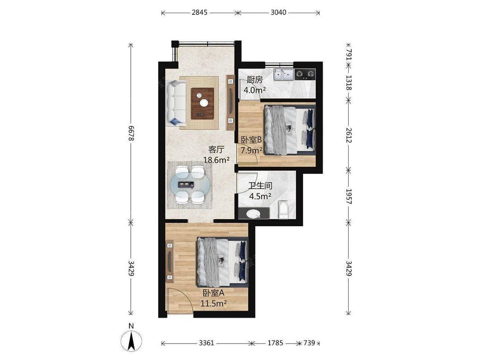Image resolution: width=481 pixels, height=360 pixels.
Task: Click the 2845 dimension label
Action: click(199, 13)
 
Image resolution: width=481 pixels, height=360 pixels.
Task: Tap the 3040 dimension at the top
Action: click(278, 13)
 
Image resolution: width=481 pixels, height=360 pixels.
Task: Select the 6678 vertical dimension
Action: click(131, 133)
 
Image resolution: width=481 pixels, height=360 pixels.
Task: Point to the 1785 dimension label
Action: click(275, 343)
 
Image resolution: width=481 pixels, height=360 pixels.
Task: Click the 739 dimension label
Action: click(309, 343)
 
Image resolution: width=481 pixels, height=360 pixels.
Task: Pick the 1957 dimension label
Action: click(349, 196)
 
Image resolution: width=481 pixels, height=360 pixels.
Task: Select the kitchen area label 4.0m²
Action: click(254, 90)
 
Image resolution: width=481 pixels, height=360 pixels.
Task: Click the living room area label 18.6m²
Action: click(216, 160)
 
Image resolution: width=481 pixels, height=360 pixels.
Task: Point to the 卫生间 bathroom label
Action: click(260, 186)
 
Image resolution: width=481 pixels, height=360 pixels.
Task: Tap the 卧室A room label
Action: click(213, 293)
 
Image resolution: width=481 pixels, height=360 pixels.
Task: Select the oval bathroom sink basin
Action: click(254, 213)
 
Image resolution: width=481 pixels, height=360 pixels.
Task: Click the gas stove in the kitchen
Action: click(305, 74)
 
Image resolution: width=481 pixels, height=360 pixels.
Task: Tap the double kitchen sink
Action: click(284, 75)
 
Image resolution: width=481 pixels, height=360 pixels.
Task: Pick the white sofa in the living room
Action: click(176, 103)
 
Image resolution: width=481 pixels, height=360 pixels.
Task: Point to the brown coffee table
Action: click(202, 103)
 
